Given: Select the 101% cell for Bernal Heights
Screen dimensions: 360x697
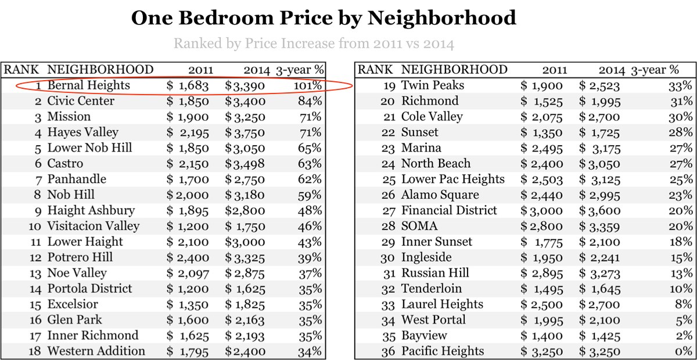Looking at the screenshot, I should tap(310, 85).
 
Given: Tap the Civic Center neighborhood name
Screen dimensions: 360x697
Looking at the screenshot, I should tap(81, 101).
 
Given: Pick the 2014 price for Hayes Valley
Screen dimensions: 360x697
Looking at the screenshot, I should tap(245, 132).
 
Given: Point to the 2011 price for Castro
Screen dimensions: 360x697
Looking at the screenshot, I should tap(188, 164).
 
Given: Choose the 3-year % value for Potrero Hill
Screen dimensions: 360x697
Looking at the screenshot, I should tap(310, 258).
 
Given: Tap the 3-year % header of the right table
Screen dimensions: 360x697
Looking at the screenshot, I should tap(655, 70).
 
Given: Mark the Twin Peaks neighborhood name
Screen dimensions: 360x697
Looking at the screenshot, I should tap(433, 86).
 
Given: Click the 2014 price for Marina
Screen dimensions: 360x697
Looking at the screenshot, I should tap(599, 148).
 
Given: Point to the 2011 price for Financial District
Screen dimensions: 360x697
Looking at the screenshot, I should tap(541, 211).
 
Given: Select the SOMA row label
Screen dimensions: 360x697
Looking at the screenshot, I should tap(419, 226).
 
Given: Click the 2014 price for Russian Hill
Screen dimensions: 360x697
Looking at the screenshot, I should tap(599, 273).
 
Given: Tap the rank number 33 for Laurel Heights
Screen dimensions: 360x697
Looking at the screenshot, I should tap(389, 305).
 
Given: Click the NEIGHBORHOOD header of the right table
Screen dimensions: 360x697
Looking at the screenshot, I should tap(454, 70).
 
